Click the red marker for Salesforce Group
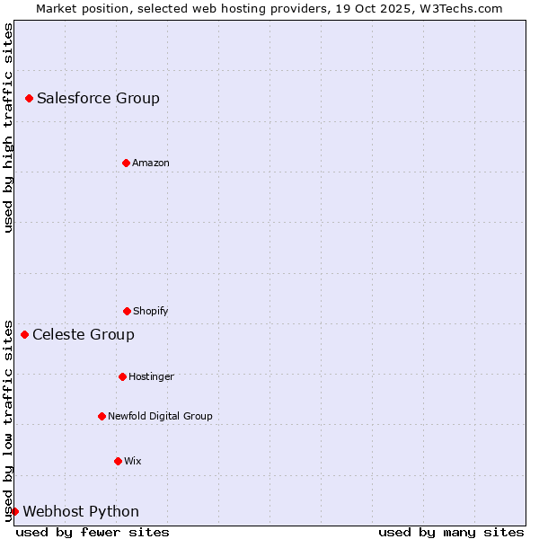(29, 98)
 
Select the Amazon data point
(126, 163)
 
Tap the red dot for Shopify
(127, 311)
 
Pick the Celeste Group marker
(24, 334)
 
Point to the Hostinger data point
(122, 376)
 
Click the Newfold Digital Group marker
(102, 416)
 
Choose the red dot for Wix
(118, 461)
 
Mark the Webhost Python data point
(14, 511)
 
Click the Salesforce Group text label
(98, 98)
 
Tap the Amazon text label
(151, 163)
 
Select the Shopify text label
(151, 311)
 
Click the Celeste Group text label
(84, 334)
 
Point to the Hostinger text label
(151, 376)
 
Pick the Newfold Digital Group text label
(160, 416)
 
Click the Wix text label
(133, 461)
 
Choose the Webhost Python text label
(81, 511)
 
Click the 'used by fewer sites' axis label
(93, 532)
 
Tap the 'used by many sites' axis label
(451, 532)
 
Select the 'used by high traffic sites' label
(8, 128)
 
